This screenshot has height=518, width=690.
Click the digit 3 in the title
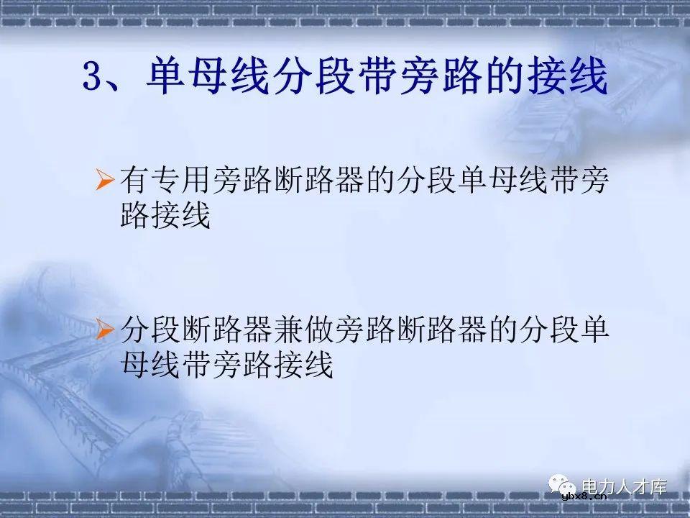tap(95, 78)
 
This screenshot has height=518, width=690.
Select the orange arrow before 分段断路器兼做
tap(104, 330)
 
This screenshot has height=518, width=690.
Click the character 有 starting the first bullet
tap(134, 181)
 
